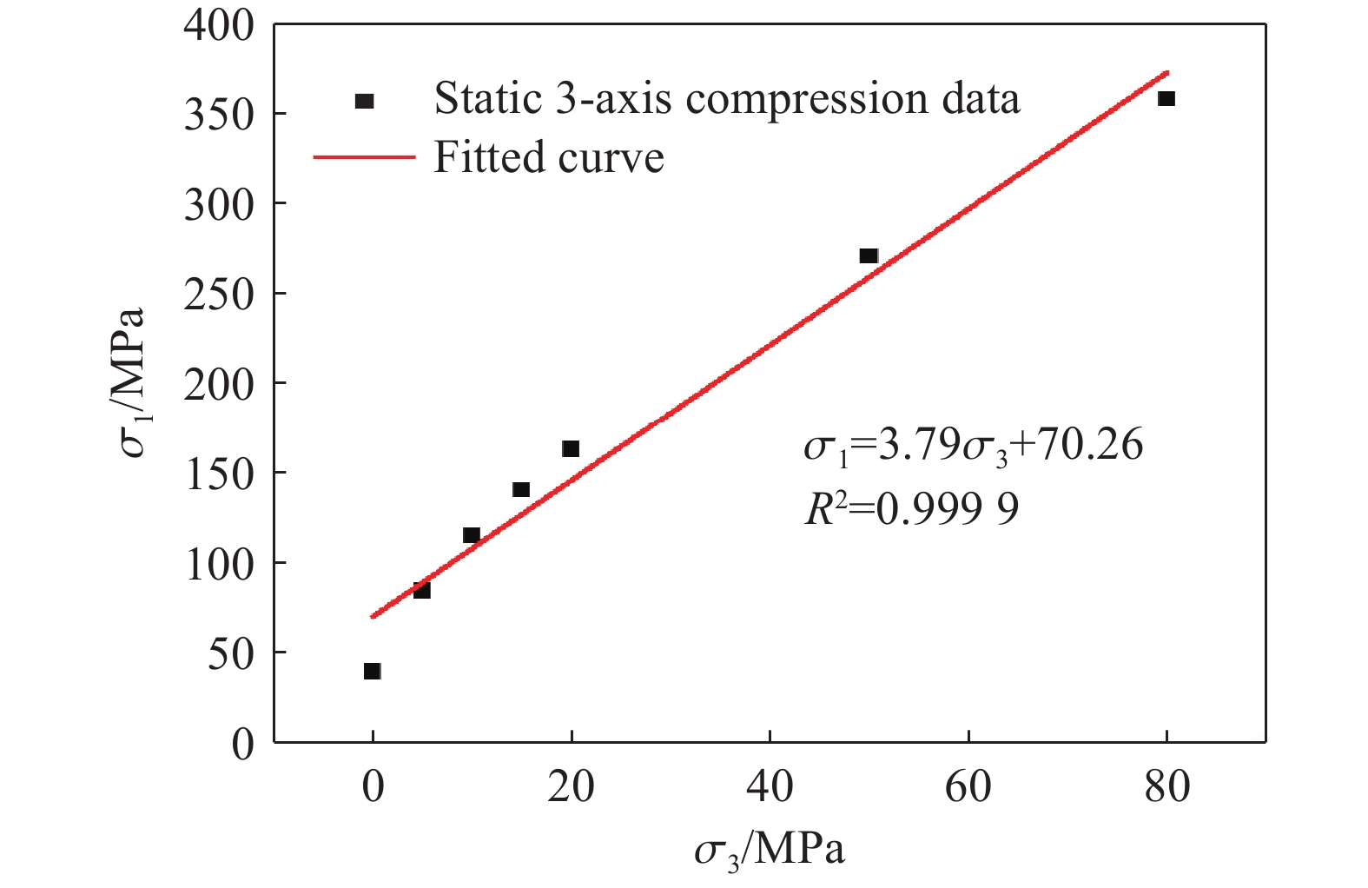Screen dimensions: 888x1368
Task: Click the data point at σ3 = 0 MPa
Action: [x=373, y=671]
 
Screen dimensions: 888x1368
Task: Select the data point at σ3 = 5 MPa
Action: [x=422, y=590]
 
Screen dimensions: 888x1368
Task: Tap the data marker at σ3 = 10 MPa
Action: [x=472, y=535]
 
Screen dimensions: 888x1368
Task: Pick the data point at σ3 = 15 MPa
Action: [x=521, y=490]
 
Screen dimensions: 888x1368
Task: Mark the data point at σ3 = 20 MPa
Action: [x=571, y=449]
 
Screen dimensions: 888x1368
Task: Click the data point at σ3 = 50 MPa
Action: [x=869, y=256]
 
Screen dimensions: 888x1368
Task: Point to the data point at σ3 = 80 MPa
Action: [x=1166, y=99]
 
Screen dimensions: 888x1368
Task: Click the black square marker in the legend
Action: [x=365, y=101]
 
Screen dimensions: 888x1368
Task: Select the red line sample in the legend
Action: [x=364, y=158]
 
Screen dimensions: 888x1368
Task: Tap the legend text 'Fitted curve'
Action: [x=549, y=158]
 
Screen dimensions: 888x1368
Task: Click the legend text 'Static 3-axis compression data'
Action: [x=727, y=98]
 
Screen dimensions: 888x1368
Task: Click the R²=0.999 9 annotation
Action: [x=912, y=509]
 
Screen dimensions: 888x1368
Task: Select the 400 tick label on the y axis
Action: [x=219, y=26]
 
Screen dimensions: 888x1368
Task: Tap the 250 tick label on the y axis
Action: [x=219, y=294]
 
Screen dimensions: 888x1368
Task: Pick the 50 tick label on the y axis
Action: [x=230, y=653]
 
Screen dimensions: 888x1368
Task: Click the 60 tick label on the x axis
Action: [x=968, y=787]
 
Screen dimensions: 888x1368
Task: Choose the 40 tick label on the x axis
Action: [x=770, y=787]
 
